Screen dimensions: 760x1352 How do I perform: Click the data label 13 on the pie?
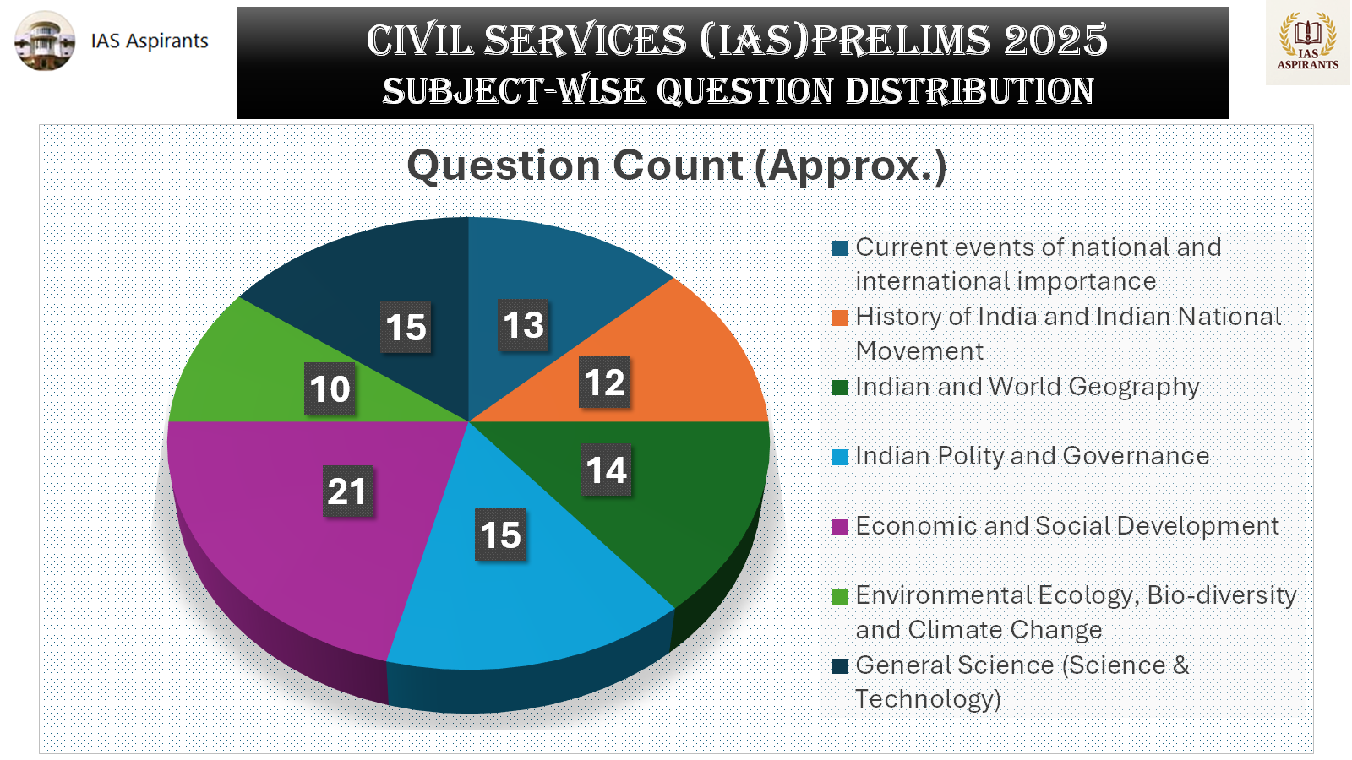[x=523, y=325]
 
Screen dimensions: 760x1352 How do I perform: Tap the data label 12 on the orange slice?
[x=604, y=383]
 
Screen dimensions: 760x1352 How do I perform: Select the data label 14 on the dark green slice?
[x=606, y=470]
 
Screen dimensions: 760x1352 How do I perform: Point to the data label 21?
[x=346, y=491]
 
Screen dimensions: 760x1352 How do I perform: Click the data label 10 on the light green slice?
[x=330, y=389]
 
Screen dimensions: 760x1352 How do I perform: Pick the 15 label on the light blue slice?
[x=500, y=535]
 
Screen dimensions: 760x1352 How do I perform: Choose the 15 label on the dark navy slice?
[x=406, y=328]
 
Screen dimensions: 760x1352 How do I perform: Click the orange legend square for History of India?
[x=840, y=318]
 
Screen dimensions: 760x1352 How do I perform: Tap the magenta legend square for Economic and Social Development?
[x=840, y=527]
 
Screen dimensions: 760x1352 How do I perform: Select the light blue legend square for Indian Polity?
[x=840, y=457]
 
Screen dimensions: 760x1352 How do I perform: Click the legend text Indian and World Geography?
[x=1027, y=387]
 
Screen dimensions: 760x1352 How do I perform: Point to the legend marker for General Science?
[x=840, y=666]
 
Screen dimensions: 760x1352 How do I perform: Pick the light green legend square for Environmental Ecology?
[x=840, y=596]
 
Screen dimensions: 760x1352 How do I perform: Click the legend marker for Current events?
[x=840, y=248]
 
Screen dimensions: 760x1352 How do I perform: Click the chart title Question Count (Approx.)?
[x=676, y=166]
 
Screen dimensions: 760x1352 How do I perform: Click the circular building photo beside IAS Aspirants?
[x=45, y=41]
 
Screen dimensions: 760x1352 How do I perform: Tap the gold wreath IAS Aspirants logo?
[x=1307, y=41]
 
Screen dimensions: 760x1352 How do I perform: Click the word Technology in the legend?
[x=927, y=700]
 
